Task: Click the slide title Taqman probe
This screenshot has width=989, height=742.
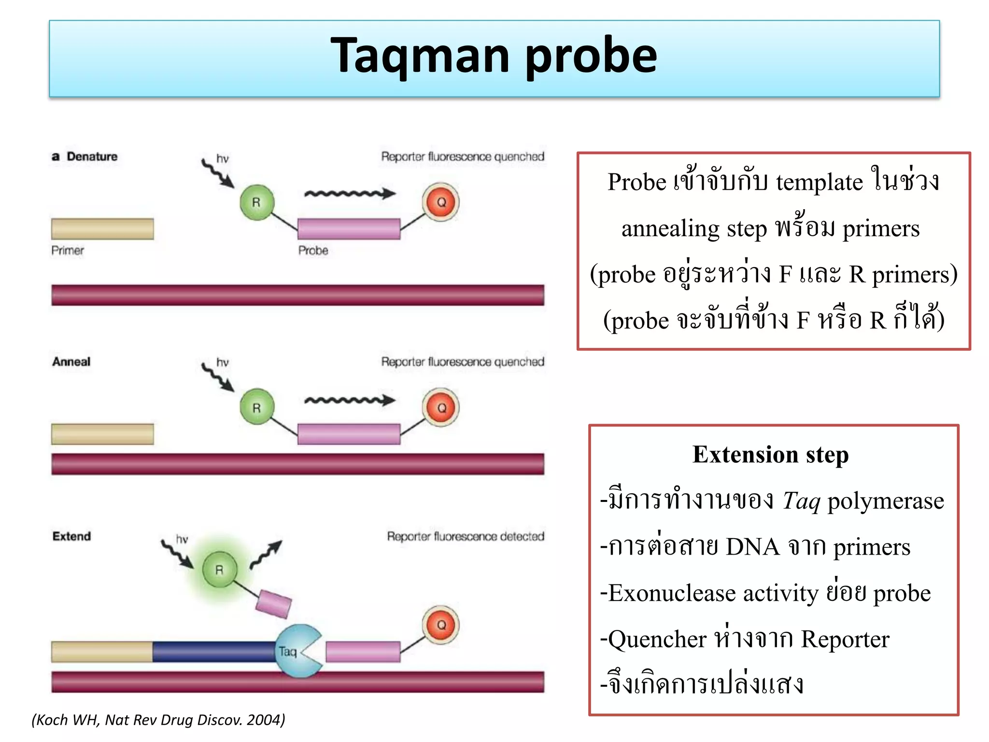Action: click(494, 57)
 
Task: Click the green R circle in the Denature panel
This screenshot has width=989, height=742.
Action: click(256, 202)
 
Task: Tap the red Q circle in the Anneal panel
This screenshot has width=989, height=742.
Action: click(441, 408)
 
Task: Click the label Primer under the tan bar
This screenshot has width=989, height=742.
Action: click(68, 250)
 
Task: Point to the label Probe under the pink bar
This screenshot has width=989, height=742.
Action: click(313, 250)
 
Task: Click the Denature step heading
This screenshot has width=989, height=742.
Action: click(92, 157)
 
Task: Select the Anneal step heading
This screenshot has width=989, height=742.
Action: click(71, 362)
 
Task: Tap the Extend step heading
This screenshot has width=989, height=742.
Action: click(71, 536)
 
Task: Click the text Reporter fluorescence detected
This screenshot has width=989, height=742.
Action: click(466, 536)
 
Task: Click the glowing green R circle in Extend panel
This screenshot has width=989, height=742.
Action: click(220, 570)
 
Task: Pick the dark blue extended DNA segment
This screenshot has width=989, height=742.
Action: click(214, 652)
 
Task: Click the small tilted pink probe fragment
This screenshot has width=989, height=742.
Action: click(274, 604)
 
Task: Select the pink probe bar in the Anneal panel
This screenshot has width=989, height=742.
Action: click(349, 434)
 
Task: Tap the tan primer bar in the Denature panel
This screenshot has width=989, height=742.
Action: click(102, 229)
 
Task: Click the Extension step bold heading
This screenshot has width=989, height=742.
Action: click(770, 455)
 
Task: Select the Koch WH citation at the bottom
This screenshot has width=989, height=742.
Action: click(158, 720)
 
